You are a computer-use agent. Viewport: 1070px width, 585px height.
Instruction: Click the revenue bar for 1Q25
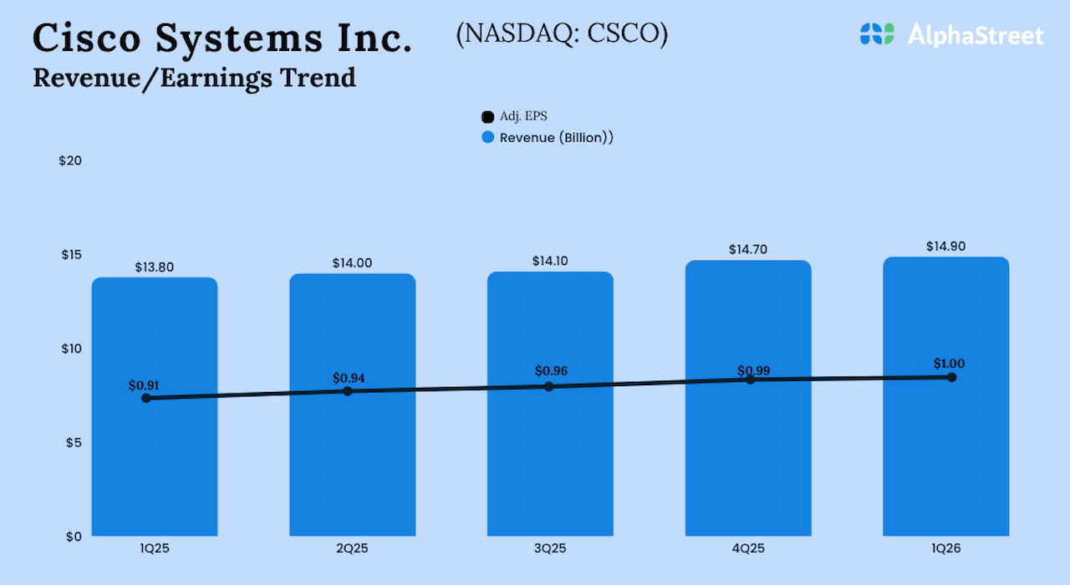(155, 468)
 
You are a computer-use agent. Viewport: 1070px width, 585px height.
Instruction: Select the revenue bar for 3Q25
(550, 468)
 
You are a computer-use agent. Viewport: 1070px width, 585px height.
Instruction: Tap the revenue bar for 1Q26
(945, 468)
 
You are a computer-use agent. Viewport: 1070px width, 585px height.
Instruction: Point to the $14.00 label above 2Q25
(352, 263)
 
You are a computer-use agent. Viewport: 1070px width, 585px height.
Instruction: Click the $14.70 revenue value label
(747, 250)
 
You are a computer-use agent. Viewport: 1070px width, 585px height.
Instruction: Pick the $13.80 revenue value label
(155, 267)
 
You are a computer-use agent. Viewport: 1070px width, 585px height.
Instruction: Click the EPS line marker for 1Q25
(146, 398)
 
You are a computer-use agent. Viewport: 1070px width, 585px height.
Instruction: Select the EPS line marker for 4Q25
(751, 379)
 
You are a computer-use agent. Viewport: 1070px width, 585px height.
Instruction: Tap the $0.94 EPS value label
(349, 378)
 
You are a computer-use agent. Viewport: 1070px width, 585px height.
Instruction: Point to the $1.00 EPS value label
(950, 364)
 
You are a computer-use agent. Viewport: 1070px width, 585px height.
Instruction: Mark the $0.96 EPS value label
(552, 370)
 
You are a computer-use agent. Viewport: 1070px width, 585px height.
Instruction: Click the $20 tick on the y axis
(70, 160)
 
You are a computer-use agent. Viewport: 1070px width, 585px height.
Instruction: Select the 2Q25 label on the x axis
(352, 549)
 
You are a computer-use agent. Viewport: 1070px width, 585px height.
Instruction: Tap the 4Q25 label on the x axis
(747, 549)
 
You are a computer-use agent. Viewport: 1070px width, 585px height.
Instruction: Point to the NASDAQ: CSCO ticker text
(562, 34)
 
